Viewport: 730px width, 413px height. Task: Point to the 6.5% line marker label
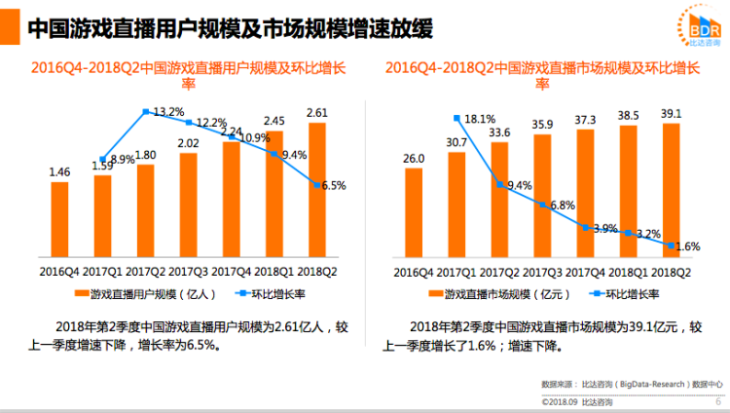tap(333, 185)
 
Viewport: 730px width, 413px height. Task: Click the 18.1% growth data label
tap(481, 120)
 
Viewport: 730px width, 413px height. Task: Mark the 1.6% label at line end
tap(688, 246)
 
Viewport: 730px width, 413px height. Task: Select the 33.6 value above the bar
tap(499, 132)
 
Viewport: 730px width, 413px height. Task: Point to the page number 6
tap(718, 400)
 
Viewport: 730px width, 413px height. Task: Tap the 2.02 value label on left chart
tap(189, 143)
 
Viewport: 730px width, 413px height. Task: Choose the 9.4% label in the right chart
tap(520, 186)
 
